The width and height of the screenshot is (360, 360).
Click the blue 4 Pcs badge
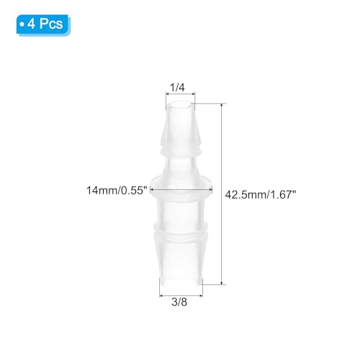42,23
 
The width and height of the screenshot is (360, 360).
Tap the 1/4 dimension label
177,88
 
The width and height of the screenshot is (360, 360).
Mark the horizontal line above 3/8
181,292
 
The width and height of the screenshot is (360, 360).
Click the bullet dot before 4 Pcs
22,23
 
